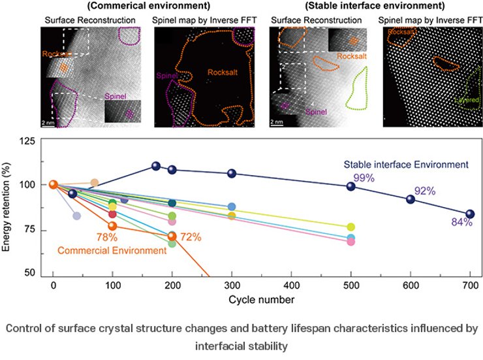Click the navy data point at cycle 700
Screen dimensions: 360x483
pyautogui.click(x=470, y=214)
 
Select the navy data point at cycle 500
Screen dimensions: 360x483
pyautogui.click(x=351, y=186)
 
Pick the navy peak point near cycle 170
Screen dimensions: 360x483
pyautogui.click(x=156, y=166)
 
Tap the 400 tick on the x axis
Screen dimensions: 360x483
pyautogui.click(x=292, y=286)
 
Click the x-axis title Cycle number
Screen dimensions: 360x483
pyautogui.click(x=261, y=299)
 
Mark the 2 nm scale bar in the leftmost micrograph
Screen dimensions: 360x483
pyautogui.click(x=48, y=124)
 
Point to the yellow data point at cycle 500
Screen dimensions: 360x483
pyautogui.click(x=351, y=227)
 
